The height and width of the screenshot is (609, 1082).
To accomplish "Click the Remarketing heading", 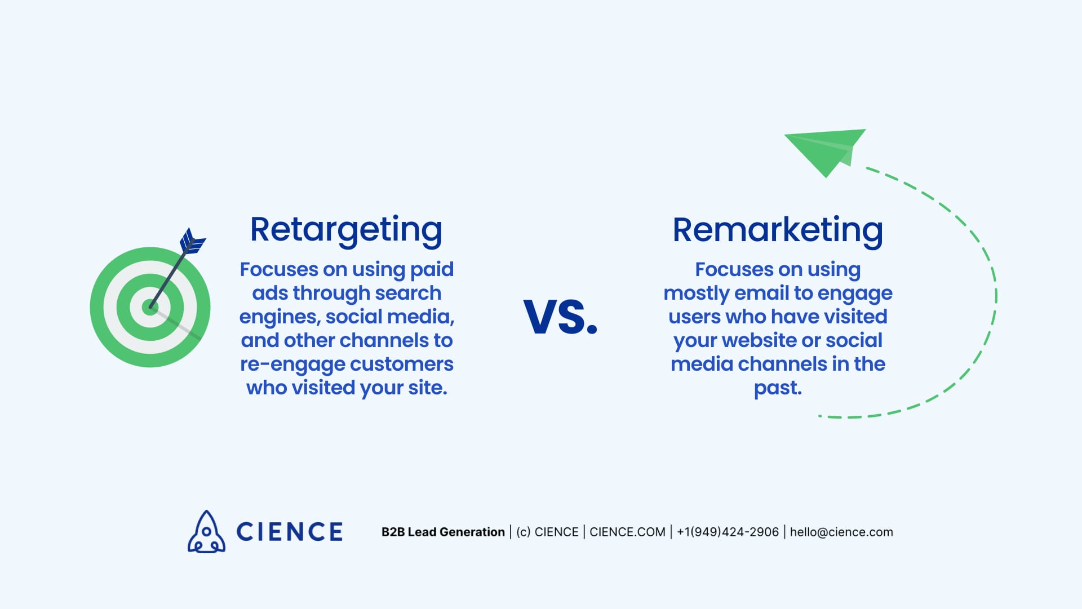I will [778, 230].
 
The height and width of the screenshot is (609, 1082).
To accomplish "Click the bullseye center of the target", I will [150, 307].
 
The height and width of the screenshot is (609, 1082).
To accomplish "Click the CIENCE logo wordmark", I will [289, 532].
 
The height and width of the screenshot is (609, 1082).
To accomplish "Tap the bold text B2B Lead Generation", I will [443, 532].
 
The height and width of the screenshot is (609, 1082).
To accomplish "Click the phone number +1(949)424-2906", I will [728, 532].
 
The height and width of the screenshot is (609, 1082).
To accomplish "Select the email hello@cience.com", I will [841, 532].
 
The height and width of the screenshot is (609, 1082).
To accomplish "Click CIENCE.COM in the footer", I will [627, 532].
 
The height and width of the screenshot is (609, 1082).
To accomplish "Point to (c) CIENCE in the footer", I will [547, 532].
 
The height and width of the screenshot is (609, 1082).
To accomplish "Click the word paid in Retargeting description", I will [432, 270].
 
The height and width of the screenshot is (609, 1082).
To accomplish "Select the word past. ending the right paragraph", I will [778, 388].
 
